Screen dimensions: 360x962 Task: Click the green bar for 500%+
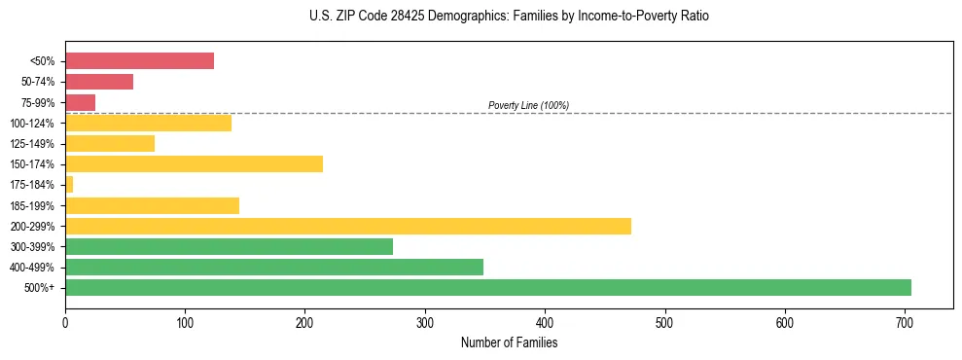(x=487, y=287)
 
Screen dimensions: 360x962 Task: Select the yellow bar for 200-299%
(x=347, y=226)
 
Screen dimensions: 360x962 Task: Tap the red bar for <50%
(x=139, y=61)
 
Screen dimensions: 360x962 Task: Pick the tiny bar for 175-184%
(x=69, y=184)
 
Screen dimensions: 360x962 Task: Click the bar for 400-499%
(x=273, y=267)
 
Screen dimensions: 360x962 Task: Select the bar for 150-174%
(x=194, y=163)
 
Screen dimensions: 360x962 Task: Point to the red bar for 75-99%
(x=80, y=102)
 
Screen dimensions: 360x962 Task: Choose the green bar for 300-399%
(x=229, y=246)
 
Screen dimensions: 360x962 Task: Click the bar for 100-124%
(x=148, y=123)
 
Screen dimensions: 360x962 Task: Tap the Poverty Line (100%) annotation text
(x=528, y=105)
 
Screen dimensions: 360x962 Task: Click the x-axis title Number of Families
(x=509, y=343)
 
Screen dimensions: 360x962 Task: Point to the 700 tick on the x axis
(x=905, y=322)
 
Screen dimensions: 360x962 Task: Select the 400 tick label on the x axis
(x=545, y=322)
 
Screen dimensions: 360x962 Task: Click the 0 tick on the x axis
(x=65, y=322)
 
